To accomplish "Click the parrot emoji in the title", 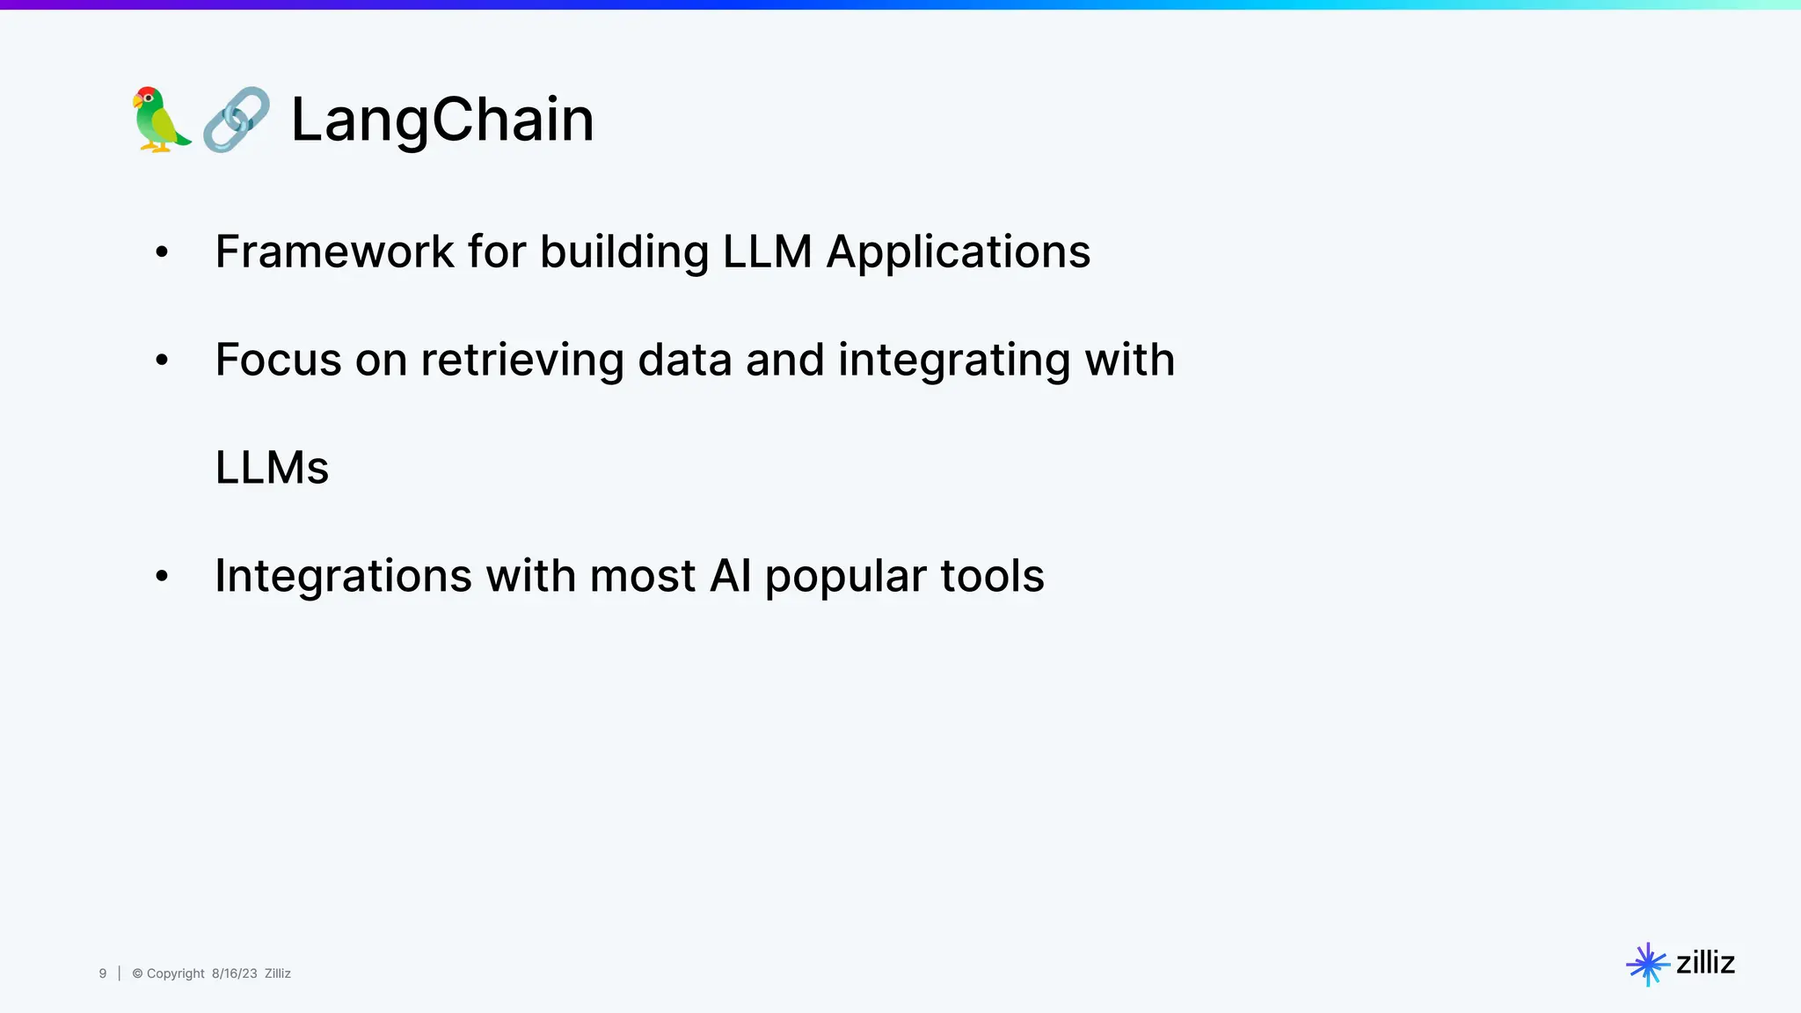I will tap(162, 120).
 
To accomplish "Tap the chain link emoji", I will tap(236, 120).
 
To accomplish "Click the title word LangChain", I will tap(442, 120).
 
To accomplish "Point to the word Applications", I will tap(959, 253).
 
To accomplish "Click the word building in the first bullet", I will tap(624, 253).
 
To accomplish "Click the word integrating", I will tap(954, 361).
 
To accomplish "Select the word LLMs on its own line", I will tap(272, 468).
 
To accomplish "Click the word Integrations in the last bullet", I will tap(344, 577).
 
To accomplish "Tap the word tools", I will tap(992, 576).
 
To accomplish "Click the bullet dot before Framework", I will tap(162, 253).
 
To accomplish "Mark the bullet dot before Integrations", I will tap(162, 577).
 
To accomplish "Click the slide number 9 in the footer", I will tap(103, 973).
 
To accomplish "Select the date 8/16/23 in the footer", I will tap(234, 973).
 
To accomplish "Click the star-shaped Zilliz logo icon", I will tap(1647, 965).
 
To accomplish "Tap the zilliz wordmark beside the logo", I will tap(1705, 963).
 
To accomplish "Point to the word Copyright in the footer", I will tap(175, 973).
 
